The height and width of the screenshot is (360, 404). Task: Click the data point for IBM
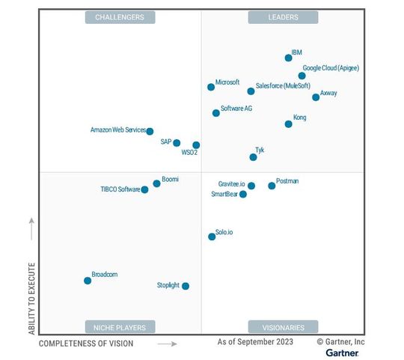(289, 58)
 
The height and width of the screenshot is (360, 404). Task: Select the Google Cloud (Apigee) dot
(302, 76)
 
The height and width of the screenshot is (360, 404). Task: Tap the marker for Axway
(316, 97)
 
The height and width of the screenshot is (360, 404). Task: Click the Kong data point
(289, 124)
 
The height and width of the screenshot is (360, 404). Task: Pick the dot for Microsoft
(211, 87)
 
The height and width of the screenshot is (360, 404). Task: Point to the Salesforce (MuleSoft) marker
(251, 91)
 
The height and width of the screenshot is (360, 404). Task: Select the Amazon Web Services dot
(150, 131)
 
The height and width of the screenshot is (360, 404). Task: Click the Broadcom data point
(88, 281)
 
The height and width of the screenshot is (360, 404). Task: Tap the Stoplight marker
(186, 286)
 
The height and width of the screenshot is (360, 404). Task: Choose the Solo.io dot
(212, 237)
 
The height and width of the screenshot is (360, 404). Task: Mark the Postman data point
(272, 186)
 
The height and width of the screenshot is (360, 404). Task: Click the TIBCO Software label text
(120, 189)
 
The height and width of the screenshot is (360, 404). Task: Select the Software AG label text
(236, 109)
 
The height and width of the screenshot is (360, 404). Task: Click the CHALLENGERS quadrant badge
(120, 17)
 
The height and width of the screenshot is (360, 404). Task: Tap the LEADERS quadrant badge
(283, 17)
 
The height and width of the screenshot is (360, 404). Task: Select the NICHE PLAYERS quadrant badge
(120, 327)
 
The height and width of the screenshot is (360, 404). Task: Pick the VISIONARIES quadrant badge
(283, 327)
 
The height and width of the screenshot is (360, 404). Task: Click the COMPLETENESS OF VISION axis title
(86, 344)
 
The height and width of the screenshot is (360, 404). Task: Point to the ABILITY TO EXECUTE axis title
(31, 295)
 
